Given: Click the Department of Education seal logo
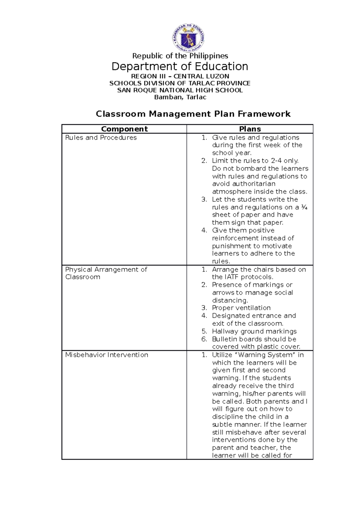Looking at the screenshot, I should pos(188,38).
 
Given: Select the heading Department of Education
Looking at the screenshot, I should pos(180,67).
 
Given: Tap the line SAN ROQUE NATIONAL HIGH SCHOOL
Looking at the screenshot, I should pos(180,90).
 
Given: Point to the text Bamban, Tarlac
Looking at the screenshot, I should pos(180,97).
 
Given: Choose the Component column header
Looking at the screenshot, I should pos(124,129).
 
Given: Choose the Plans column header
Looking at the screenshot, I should pos(250,129).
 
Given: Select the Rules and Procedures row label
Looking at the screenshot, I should pos(101,138).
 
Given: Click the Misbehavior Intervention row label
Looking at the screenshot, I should pos(106,355).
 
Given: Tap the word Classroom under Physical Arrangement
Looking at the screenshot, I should pos(83,277).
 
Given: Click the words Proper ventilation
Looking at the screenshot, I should pos(241,308).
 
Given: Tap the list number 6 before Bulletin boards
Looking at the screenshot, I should pos(204,339).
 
